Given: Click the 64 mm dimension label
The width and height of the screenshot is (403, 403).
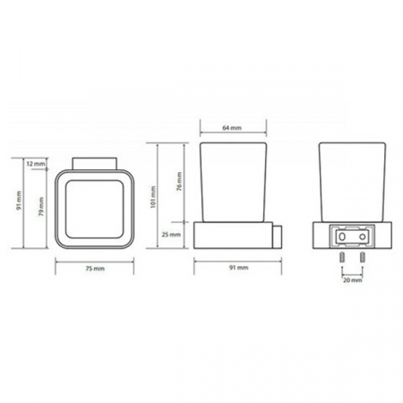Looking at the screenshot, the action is pyautogui.click(x=232, y=128).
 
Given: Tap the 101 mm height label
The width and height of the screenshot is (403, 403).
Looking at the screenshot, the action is pyautogui.click(x=153, y=197).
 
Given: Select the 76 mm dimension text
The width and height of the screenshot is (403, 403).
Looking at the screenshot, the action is pyautogui.click(x=179, y=182).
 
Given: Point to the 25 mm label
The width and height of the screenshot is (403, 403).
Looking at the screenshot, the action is pyautogui.click(x=171, y=235).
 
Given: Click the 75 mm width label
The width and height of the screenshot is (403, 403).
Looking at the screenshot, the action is pyautogui.click(x=95, y=269).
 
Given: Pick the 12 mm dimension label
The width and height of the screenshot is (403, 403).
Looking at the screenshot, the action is pyautogui.click(x=36, y=164).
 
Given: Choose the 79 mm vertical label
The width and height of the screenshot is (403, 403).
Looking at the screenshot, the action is pyautogui.click(x=41, y=206).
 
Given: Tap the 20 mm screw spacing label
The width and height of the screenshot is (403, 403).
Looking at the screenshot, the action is pyautogui.click(x=353, y=280).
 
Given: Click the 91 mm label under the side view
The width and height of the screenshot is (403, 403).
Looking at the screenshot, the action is pyautogui.click(x=239, y=268).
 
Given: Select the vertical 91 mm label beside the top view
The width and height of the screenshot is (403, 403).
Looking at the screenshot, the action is pyautogui.click(x=19, y=201).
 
